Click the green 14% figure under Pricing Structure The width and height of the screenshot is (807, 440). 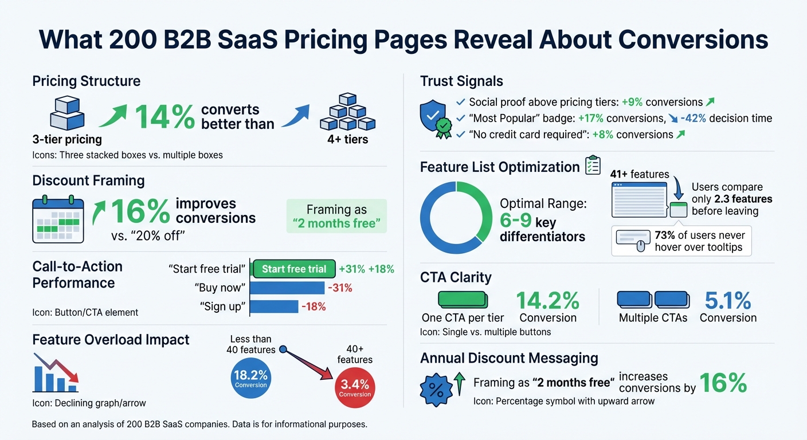tap(164, 117)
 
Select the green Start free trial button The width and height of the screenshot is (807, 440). tap(293, 269)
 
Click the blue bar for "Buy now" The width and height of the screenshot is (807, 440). tap(287, 288)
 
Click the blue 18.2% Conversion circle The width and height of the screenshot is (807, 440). tap(250, 378)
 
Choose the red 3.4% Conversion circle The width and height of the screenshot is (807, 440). tap(355, 387)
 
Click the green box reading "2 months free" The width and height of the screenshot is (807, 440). tap(336, 216)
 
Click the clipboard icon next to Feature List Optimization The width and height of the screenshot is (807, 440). tap(593, 166)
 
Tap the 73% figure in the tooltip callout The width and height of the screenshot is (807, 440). tap(665, 235)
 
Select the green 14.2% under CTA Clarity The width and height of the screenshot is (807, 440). tap(547, 300)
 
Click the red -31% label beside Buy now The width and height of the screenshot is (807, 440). tap(339, 288)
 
